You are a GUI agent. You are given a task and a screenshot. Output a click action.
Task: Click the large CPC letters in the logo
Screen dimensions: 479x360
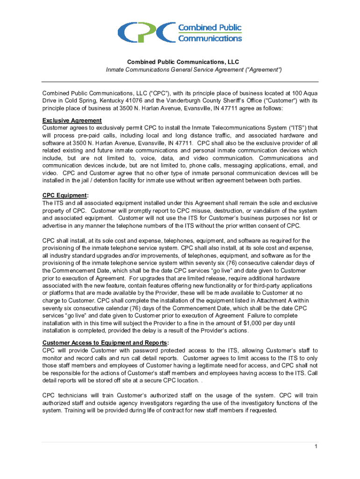tap(146, 32)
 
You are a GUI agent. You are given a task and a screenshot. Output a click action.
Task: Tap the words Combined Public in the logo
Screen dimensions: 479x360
tap(209, 27)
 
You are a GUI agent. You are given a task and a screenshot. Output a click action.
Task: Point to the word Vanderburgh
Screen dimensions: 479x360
tap(192, 100)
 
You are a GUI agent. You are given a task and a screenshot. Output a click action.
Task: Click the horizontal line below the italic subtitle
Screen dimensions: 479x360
tap(180, 81)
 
